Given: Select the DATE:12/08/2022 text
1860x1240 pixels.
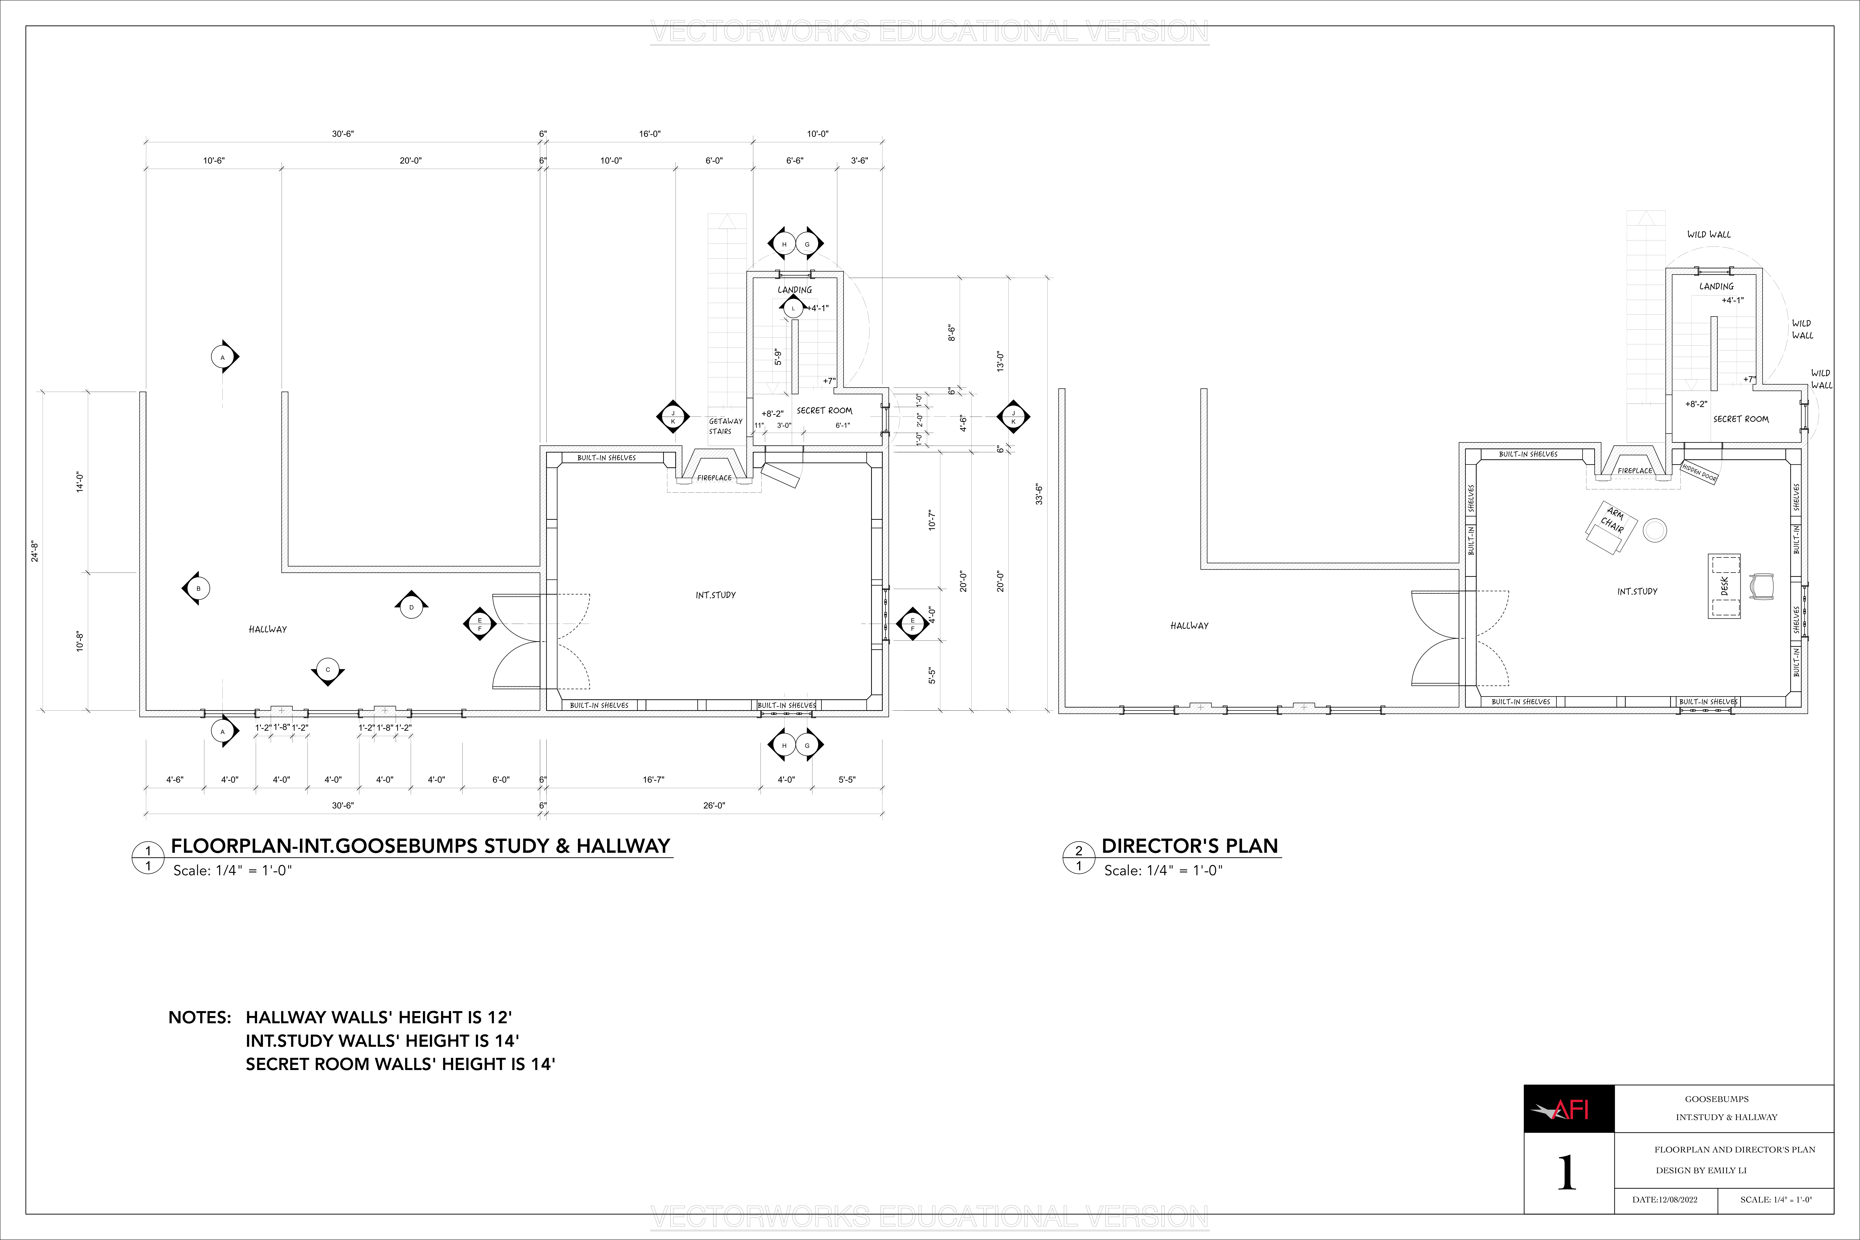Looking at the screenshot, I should coord(1665,1200).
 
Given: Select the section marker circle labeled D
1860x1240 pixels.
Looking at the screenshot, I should coord(411,607).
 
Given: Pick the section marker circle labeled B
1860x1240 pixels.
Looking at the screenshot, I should coord(198,588).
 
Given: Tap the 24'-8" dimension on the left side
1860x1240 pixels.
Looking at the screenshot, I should coord(35,551).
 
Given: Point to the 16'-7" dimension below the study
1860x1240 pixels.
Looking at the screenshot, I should coord(653,780).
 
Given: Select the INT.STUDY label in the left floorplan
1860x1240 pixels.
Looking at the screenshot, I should coord(716,595).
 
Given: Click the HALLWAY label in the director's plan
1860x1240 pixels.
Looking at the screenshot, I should coord(1189,625).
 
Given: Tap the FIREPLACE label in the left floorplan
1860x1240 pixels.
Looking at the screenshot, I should coord(714,478).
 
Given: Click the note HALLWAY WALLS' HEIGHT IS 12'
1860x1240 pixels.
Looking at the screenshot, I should coord(379,1017).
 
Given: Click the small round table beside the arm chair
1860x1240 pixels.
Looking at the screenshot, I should coord(1654,530).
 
